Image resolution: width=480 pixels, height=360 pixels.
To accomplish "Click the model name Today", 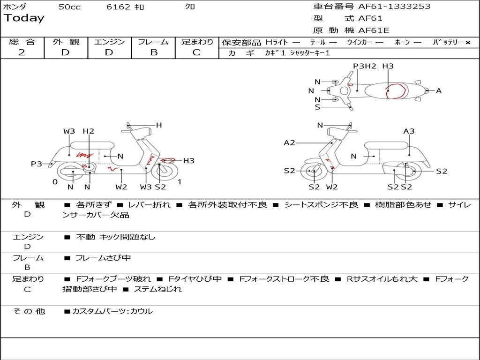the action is (x=24, y=18).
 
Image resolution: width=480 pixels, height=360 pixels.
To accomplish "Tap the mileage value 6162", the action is (x=118, y=7).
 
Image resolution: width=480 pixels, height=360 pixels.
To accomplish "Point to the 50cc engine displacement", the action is (x=69, y=7).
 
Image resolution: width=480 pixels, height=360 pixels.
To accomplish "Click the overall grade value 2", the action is (x=22, y=52).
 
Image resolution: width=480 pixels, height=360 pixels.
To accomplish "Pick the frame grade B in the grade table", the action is (x=153, y=52).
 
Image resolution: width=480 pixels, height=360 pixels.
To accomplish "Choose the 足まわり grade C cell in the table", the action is (x=196, y=52).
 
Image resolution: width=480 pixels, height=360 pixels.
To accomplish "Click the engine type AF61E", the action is (x=374, y=30).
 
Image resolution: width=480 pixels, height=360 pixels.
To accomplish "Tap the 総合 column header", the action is (x=22, y=42).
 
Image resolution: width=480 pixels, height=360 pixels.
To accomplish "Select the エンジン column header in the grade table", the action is (x=109, y=42).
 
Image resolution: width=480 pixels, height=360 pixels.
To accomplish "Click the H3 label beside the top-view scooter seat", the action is (x=388, y=66).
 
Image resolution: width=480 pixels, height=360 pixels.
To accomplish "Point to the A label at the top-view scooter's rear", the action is (x=439, y=91).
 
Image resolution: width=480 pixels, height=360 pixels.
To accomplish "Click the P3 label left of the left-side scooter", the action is (x=37, y=164).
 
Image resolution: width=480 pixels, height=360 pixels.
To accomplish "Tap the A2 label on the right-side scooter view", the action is (x=290, y=142).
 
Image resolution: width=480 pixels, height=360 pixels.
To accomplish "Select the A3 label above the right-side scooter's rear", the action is (x=409, y=131).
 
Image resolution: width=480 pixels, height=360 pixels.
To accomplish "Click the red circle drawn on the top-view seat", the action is (x=395, y=91).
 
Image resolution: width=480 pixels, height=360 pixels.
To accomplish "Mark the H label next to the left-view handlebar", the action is (x=159, y=125).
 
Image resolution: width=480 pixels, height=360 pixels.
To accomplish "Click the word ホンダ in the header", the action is (x=15, y=7).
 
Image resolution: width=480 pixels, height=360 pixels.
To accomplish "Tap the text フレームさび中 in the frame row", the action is (x=103, y=258).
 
